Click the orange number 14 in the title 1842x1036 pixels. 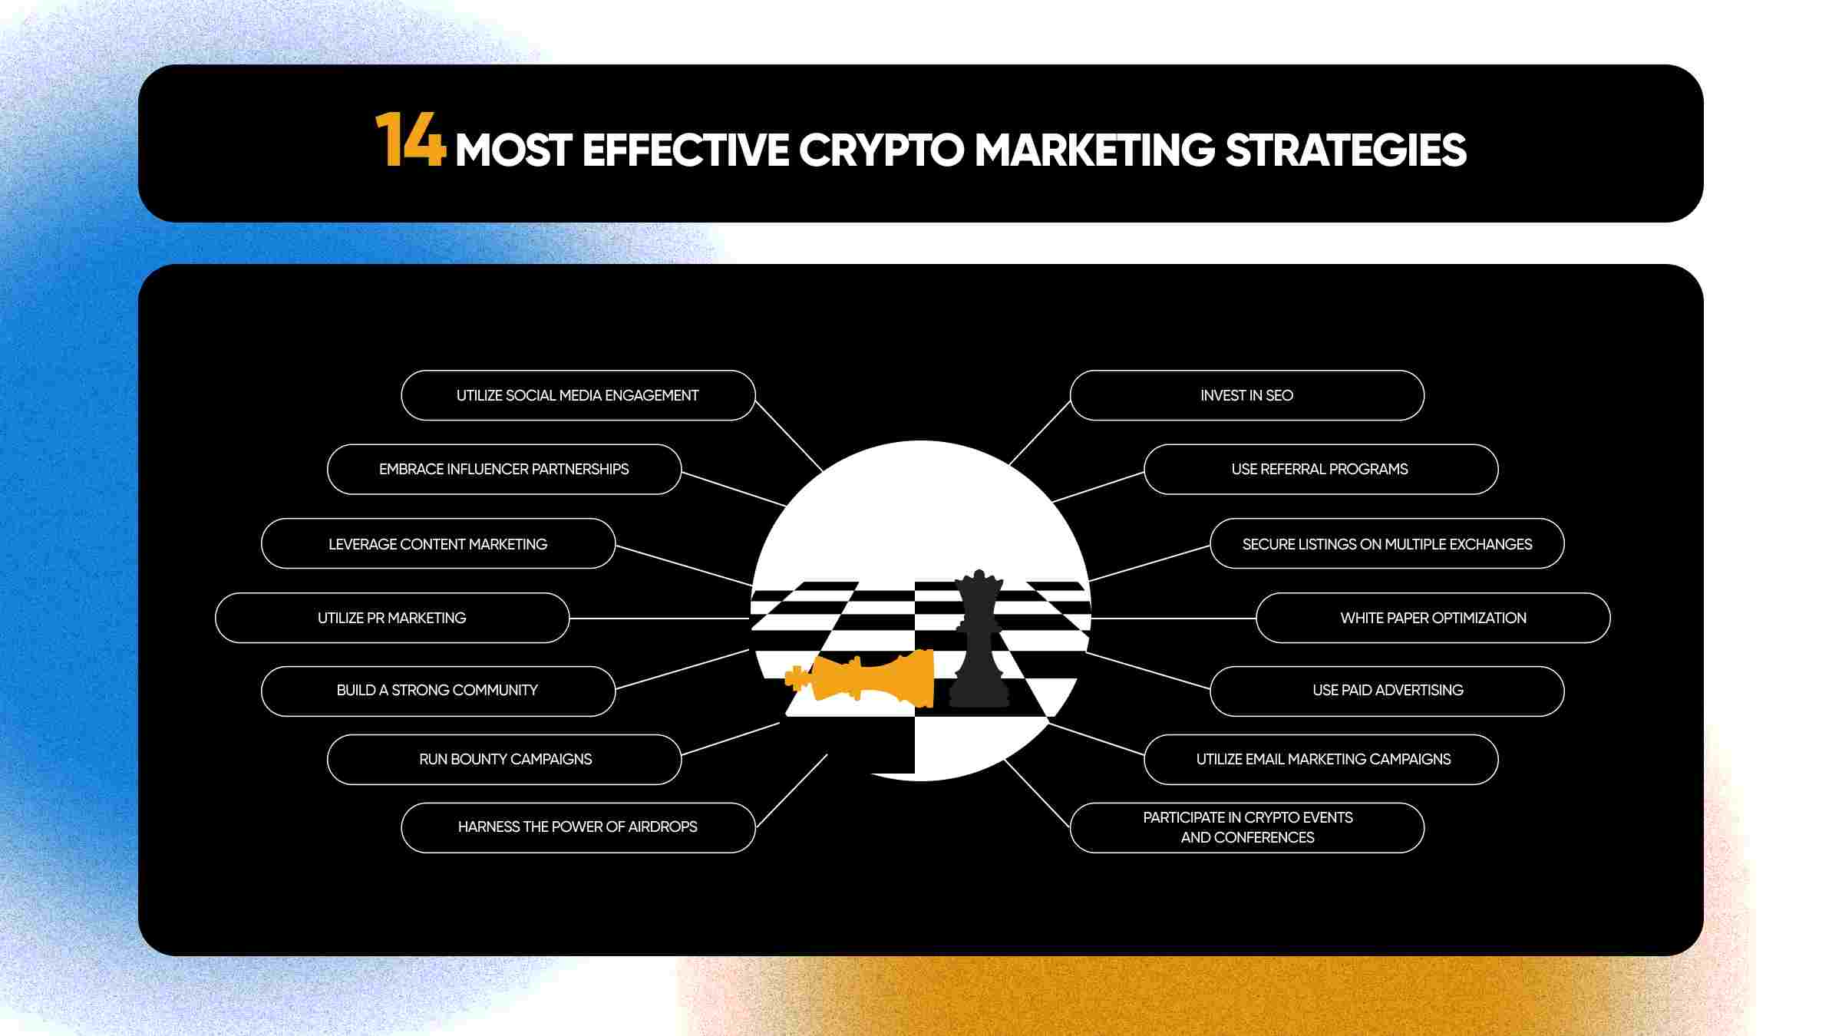(411, 139)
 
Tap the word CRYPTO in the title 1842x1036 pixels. (881, 150)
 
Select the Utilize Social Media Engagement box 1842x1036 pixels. (578, 395)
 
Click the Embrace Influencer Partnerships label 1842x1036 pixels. (503, 469)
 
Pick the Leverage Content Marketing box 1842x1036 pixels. (438, 543)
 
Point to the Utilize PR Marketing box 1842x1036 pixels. (392, 618)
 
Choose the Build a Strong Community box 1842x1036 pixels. (438, 691)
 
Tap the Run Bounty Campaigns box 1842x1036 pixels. (504, 759)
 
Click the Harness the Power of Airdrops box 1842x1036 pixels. (578, 827)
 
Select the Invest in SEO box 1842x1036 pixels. (1247, 395)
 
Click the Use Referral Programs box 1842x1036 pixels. (1321, 469)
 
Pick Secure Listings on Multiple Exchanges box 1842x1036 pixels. (1387, 543)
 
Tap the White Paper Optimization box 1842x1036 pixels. (1433, 618)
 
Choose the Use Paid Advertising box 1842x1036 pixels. (1387, 691)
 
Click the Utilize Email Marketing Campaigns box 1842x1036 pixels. (1321, 759)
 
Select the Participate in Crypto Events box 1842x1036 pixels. (1247, 827)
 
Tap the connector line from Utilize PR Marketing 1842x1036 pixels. (659, 619)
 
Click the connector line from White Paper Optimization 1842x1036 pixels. (1174, 619)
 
